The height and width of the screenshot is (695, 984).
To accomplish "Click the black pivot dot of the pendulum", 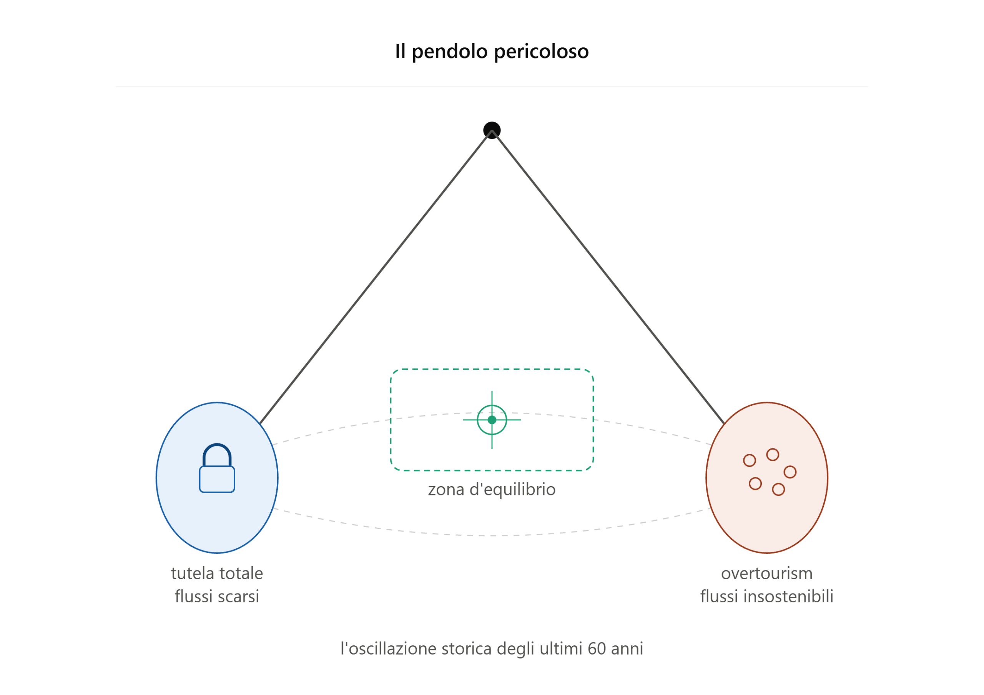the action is coord(492,130).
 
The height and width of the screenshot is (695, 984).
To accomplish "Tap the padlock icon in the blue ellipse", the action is coord(217,468).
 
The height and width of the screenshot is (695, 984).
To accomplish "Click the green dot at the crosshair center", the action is coord(492,420).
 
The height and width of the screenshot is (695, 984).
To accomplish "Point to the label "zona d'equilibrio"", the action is coord(492,490).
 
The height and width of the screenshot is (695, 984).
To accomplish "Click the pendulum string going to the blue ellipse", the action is coord(376,277).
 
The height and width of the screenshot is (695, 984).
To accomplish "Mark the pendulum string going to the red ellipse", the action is coord(608,277).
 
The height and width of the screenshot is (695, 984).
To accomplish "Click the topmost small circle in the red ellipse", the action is coord(773,455).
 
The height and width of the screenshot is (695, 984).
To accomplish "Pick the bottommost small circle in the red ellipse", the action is coord(778,490).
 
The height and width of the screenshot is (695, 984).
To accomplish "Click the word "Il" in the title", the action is coord(400,51).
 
